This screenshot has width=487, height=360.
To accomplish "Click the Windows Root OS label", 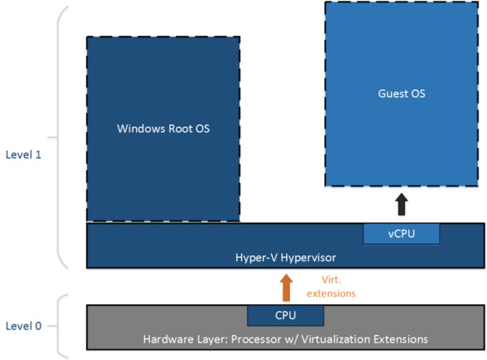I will point(162,129).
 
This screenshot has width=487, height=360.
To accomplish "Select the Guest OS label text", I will point(401,93).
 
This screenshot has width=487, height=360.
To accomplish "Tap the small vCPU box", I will point(401,233).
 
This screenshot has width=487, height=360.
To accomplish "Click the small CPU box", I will point(285,315).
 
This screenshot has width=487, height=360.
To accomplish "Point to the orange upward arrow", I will point(285,288).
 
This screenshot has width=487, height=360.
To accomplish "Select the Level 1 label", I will point(23,154).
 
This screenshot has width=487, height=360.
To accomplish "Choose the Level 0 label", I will point(23,325).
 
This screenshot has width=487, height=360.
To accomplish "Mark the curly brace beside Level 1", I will point(62,136).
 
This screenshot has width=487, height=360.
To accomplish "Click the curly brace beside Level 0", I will point(62,325).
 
